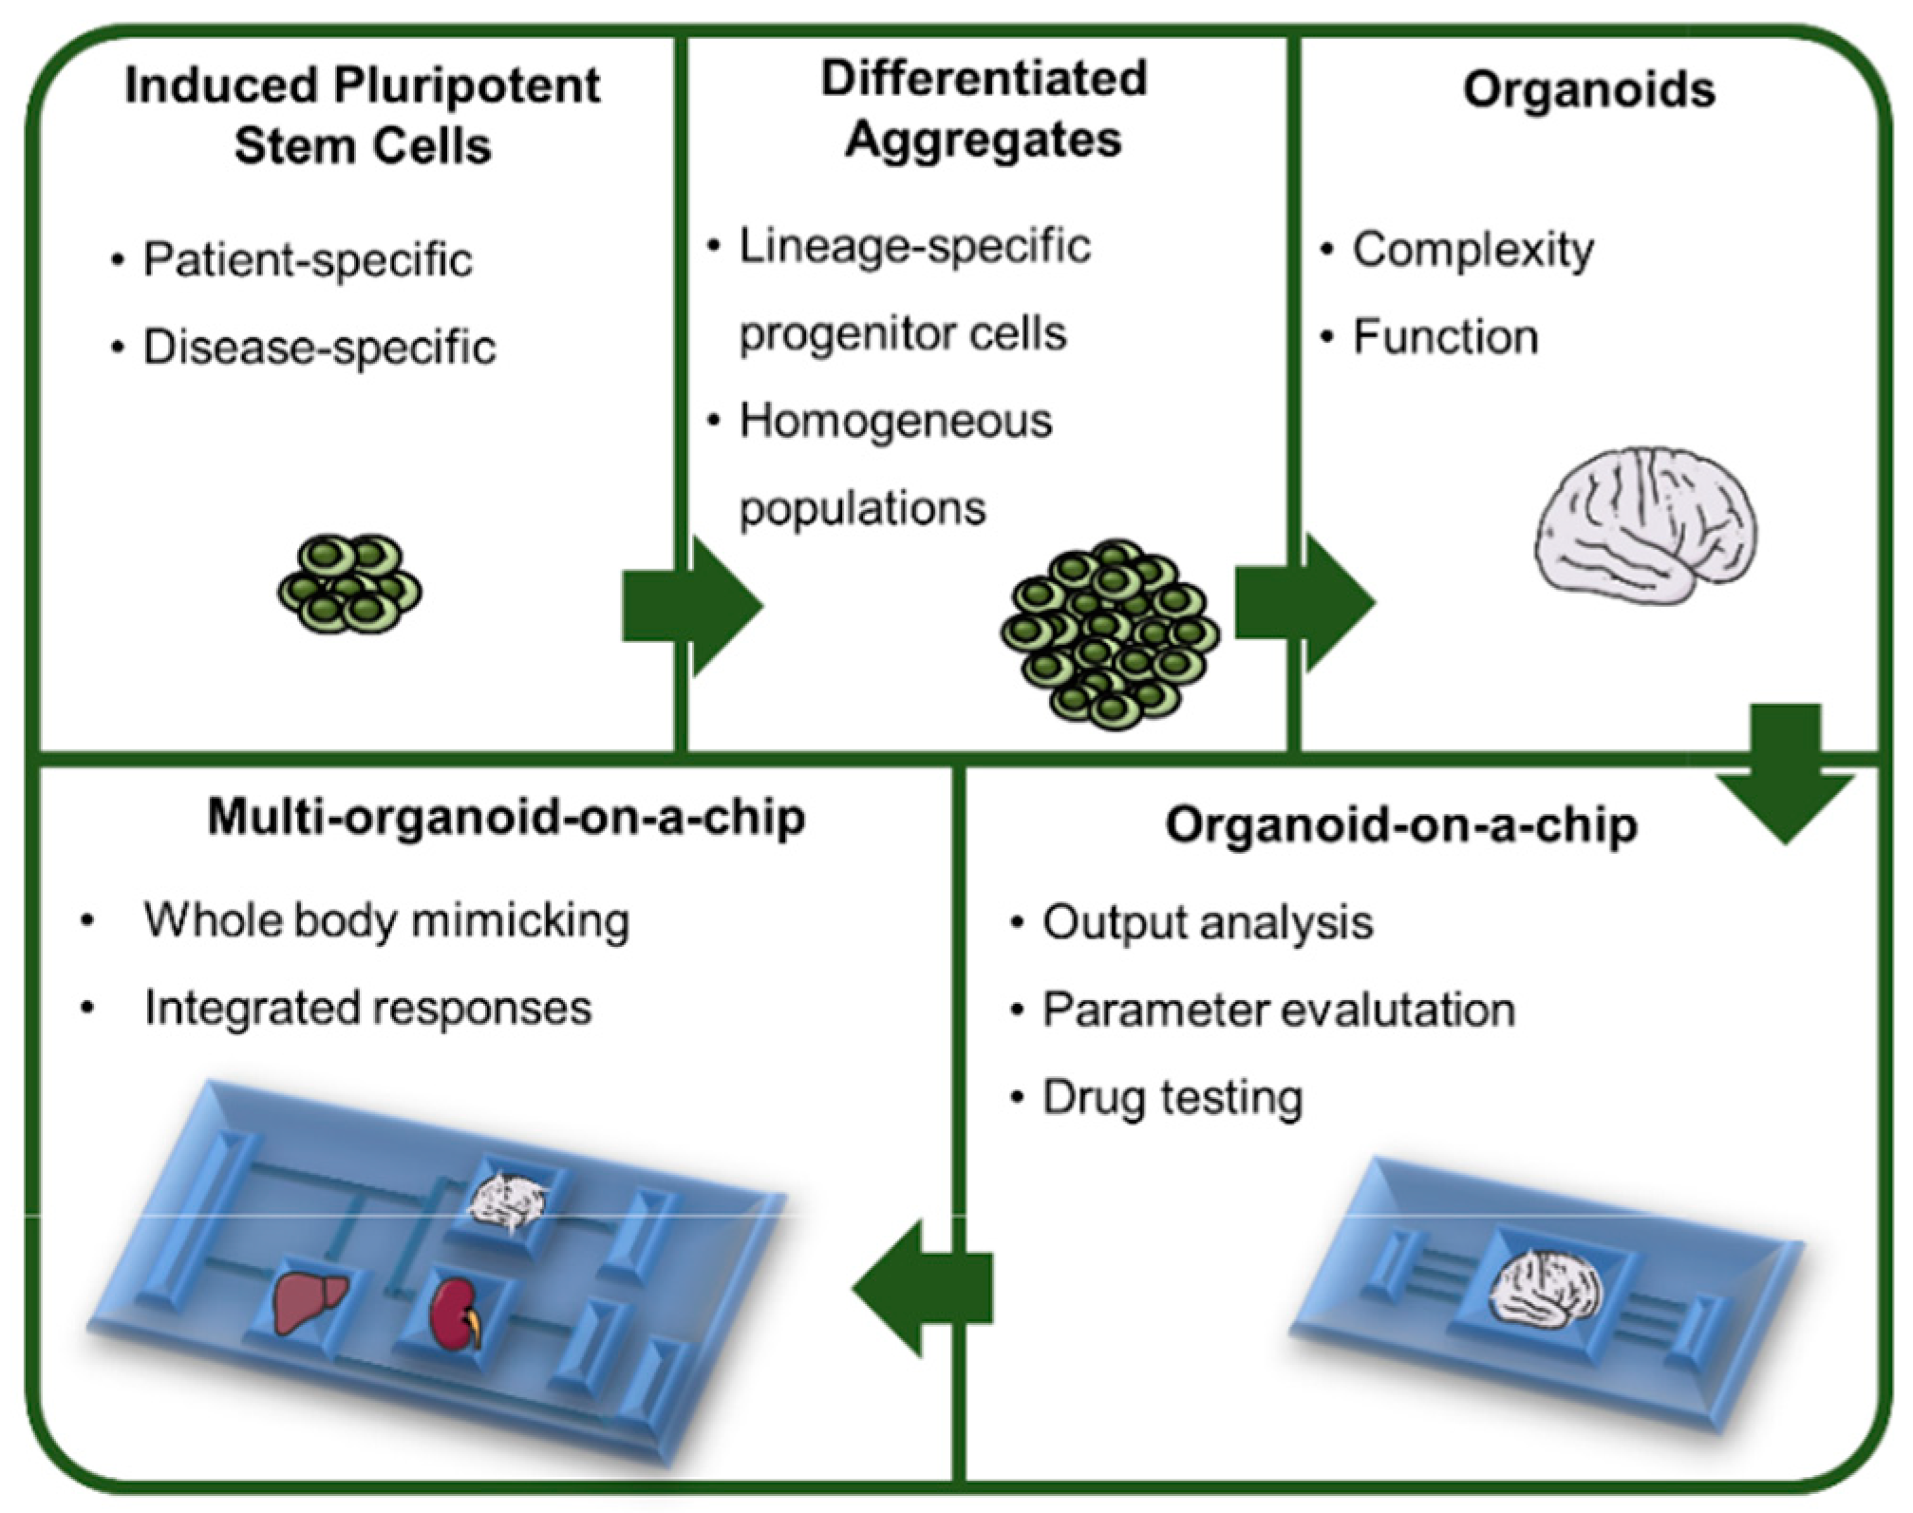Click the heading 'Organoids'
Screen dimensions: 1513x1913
point(1588,90)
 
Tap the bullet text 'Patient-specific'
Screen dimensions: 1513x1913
point(307,259)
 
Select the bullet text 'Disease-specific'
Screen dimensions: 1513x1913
point(319,347)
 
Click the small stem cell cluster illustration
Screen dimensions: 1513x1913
point(349,583)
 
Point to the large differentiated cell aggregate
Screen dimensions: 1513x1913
point(1109,634)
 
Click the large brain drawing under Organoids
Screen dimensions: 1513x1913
point(1645,525)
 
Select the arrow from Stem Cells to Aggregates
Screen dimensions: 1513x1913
point(692,606)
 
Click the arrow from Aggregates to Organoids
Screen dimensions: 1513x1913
point(1304,603)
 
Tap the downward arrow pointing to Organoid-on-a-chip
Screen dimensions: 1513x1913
point(1785,774)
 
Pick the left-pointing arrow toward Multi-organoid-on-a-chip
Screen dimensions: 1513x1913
point(922,1288)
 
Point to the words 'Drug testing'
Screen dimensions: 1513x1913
point(1172,1098)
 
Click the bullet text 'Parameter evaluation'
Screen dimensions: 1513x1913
point(1278,1010)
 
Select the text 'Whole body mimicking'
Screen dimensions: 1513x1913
point(386,920)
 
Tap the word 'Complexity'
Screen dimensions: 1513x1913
point(1472,251)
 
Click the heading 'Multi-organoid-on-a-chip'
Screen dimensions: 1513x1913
point(506,818)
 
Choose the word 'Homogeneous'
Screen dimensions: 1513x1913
point(895,421)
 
